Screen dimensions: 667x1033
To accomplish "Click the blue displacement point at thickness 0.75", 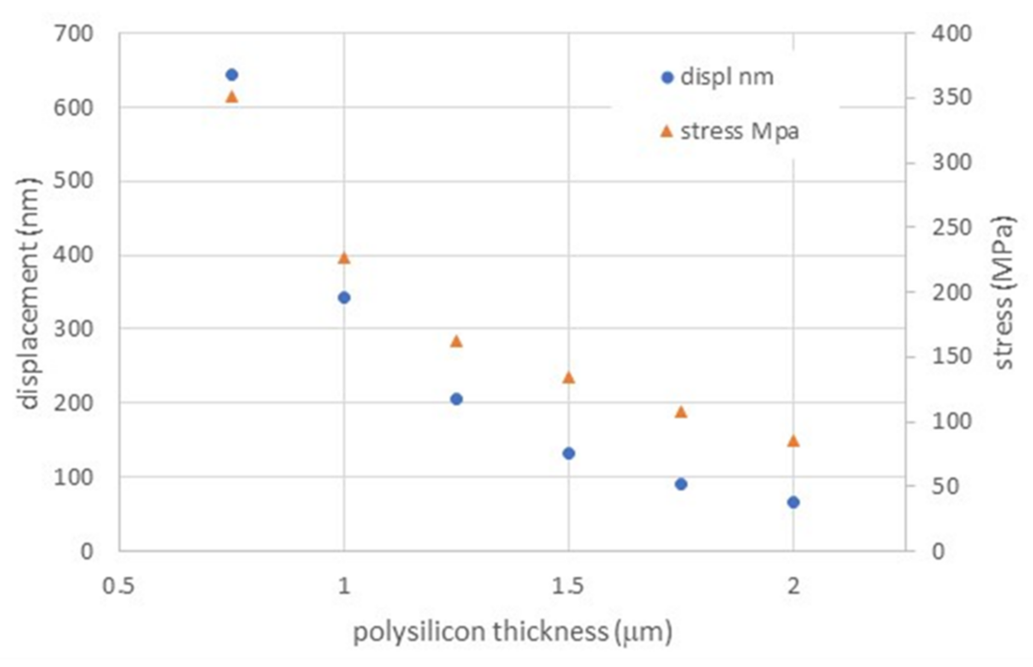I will coord(232,75).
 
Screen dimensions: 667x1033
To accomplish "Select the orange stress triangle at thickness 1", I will coord(344,259).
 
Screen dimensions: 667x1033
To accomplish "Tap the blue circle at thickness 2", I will coord(793,502).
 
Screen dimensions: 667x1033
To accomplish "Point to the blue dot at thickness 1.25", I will coord(456,399).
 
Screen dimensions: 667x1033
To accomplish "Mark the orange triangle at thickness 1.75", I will coord(681,412).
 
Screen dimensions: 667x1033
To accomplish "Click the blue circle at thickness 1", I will coord(344,298).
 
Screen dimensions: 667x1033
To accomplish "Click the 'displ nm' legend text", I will coord(727,77).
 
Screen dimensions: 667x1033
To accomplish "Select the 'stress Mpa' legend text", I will coord(739,131).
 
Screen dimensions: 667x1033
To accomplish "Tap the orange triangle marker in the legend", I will coord(667,131).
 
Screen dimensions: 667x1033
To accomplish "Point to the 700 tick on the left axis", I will coord(73,34).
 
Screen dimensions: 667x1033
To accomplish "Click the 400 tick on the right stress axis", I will coord(952,34).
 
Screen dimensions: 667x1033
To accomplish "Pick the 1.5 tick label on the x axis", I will coord(568,587).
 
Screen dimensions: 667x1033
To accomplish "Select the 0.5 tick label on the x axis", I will coord(118,587).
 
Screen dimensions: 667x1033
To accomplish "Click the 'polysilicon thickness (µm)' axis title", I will coord(512,632).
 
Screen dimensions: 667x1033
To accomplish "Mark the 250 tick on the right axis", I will coord(952,227).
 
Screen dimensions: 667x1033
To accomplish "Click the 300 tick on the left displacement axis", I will coord(73,329).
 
